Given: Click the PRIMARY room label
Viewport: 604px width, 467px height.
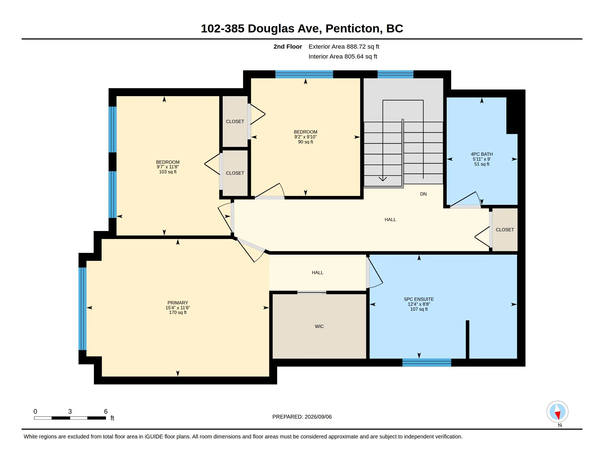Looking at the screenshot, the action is point(178,303).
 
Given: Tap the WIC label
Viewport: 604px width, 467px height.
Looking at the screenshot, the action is point(319,326).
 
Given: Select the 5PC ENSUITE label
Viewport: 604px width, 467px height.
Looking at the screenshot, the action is point(419,299).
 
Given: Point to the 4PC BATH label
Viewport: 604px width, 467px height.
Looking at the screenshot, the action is point(482,154).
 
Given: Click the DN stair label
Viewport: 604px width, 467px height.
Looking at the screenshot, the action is point(423,194).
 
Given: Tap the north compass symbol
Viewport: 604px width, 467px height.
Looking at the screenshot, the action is point(558,412).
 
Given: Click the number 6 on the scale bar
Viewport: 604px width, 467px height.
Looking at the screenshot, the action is point(106,412).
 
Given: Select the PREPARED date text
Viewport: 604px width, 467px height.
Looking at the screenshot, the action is point(302,417).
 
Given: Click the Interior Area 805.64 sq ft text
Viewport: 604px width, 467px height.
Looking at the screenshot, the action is point(343,56).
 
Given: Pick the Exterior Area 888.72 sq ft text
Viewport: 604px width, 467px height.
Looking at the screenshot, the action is point(344,46).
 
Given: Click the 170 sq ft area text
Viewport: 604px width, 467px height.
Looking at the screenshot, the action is point(178,313).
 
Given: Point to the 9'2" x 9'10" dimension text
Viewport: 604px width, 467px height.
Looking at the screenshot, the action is point(305,137).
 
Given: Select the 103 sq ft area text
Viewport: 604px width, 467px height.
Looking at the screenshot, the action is point(167,172).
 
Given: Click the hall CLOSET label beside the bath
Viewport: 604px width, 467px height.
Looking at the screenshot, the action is point(505,230).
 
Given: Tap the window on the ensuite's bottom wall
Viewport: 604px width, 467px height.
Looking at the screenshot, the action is point(427,362).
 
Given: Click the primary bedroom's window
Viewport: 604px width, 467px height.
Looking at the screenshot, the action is point(82,309).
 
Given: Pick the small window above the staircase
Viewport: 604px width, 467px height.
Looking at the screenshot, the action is point(395,74).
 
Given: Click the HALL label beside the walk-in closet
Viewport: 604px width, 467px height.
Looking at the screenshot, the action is point(317,273).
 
